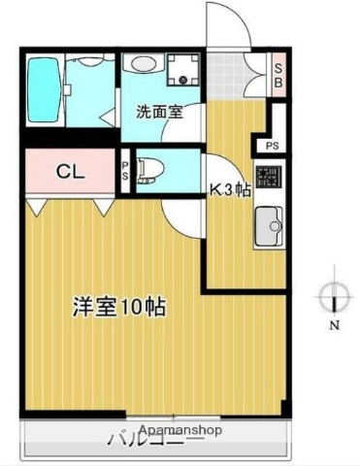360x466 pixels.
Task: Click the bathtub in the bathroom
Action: pos(44,89)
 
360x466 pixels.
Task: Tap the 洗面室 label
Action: pos(159,111)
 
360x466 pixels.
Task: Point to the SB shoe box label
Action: pos(278,74)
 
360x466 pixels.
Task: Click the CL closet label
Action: pos(69,174)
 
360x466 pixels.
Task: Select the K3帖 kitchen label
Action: pos(231,189)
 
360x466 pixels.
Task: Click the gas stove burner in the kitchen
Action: pos(270,178)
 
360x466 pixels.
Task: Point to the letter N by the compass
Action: pos(333,325)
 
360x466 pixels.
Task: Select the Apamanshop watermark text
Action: pos(180,429)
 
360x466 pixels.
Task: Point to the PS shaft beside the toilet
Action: pos(125,171)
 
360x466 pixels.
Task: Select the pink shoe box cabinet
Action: pos(278,74)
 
